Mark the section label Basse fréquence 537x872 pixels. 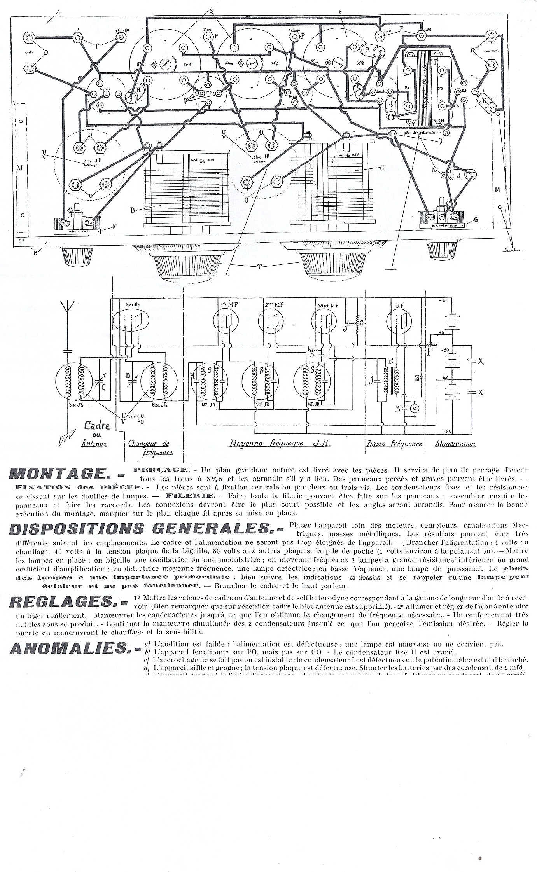394,444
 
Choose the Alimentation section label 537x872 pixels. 455,444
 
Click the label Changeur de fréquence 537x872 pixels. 149,447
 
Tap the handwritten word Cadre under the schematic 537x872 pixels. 97,426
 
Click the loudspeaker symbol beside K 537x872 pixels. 416,409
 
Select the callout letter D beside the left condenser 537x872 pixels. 133,210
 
